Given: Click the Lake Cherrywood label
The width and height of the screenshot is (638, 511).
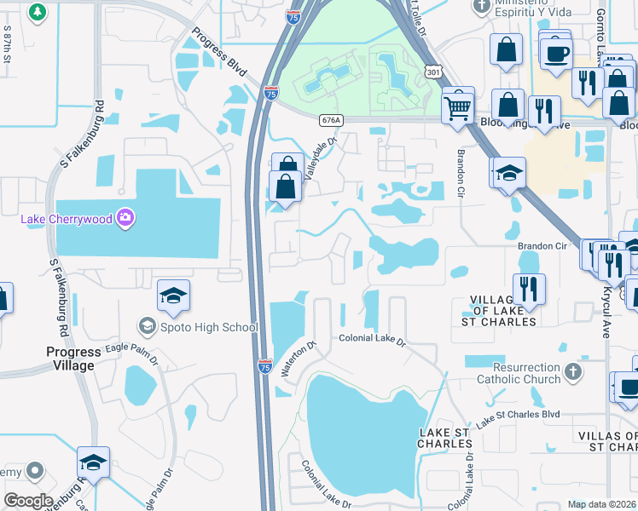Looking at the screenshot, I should pyautogui.click(x=66, y=220).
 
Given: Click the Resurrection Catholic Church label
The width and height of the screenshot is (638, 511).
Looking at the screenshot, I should pyautogui.click(x=512, y=373).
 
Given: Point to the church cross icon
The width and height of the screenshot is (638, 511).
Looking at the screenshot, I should pyautogui.click(x=572, y=372).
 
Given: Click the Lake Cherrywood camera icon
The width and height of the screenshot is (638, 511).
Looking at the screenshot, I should pyautogui.click(x=125, y=219).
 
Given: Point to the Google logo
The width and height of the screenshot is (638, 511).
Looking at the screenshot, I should pyautogui.click(x=28, y=501).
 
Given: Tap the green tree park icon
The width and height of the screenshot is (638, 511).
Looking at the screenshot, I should pyautogui.click(x=37, y=12).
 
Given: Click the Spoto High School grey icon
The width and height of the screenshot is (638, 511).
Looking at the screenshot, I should pyautogui.click(x=147, y=327).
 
